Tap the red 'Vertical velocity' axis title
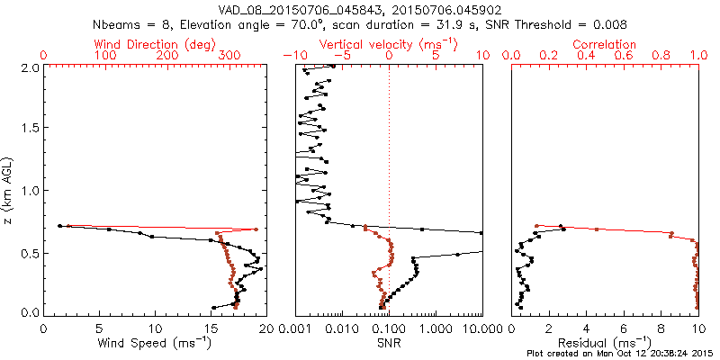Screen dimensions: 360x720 [389, 43]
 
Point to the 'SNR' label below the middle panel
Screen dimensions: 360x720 [389, 343]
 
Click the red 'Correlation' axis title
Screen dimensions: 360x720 [605, 43]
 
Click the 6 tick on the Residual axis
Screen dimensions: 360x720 [624, 328]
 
